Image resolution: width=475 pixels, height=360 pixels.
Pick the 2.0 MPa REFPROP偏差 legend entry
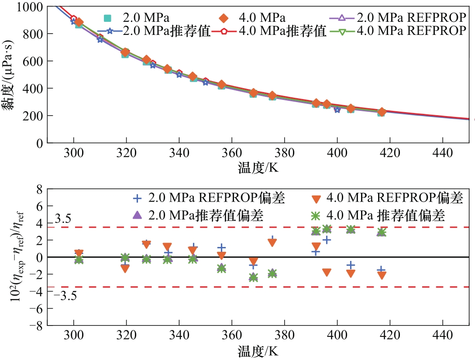(210, 198)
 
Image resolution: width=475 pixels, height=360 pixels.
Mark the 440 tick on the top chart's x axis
(443, 154)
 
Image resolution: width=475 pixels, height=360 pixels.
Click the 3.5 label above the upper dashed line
(62, 219)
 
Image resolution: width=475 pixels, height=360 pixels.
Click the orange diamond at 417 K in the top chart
(382, 112)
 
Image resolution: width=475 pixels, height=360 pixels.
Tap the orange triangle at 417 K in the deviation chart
(382, 275)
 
